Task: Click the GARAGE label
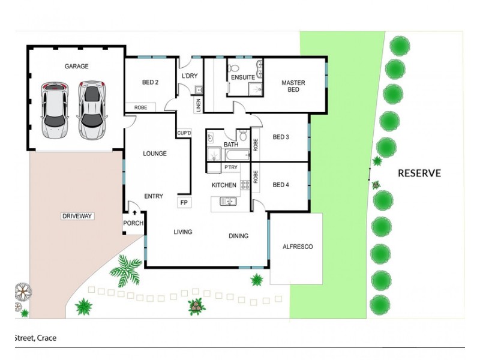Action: [77, 67]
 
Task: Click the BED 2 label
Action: [150, 82]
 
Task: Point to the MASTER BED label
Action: [293, 86]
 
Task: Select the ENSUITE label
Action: [243, 77]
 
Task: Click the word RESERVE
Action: [419, 173]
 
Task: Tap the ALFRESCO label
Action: [298, 247]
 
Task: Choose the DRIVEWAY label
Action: [77, 216]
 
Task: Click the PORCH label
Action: [133, 223]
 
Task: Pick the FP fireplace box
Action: [184, 202]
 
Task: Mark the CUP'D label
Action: [184, 133]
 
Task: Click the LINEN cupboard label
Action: [198, 106]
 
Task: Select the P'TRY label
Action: [230, 167]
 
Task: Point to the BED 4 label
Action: [281, 185]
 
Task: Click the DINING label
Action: [238, 236]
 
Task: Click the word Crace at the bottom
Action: [47, 338]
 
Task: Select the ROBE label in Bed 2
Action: [140, 108]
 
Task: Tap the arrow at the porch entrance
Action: [134, 212]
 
